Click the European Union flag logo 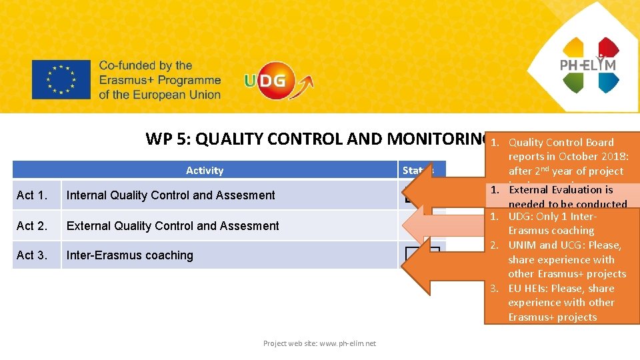[x=61, y=80]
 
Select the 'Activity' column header [x=205, y=171]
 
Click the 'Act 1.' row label [x=33, y=195]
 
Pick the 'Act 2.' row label [x=33, y=226]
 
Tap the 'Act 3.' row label [x=33, y=255]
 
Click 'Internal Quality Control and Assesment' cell [x=171, y=195]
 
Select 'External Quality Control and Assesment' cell [x=173, y=226]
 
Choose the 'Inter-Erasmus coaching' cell [x=130, y=255]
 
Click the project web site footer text [x=319, y=343]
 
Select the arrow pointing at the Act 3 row [x=443, y=261]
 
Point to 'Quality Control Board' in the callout [x=561, y=142]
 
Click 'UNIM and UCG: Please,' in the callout [x=564, y=245]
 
